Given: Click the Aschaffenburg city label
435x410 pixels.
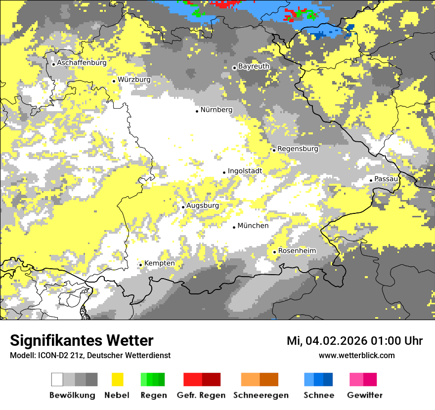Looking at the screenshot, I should [x=82, y=63].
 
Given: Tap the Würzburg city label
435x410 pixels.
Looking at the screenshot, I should [x=134, y=80].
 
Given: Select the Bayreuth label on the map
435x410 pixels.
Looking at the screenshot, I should [x=254, y=66].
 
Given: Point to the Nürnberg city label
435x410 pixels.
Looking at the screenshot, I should [x=216, y=110].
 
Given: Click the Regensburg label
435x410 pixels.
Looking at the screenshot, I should [x=298, y=149].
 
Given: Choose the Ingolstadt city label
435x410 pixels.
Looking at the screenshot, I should [x=245, y=171].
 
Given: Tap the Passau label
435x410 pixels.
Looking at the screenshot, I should [x=386, y=179].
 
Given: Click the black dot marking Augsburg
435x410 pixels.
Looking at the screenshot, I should [x=183, y=207].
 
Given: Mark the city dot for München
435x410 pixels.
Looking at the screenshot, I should [x=234, y=227].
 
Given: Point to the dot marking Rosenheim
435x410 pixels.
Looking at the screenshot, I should [x=275, y=252].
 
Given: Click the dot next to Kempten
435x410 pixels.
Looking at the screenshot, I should [x=141, y=265].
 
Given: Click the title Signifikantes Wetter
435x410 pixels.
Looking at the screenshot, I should [x=82, y=340].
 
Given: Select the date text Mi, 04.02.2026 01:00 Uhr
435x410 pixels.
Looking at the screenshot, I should [x=354, y=341].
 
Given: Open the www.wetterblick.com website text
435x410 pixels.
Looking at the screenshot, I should [x=356, y=355].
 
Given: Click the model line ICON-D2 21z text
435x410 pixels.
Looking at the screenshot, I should [x=90, y=355].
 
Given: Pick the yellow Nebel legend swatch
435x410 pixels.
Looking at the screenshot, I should [x=118, y=379].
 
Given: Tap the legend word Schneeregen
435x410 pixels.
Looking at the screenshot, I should [x=261, y=395].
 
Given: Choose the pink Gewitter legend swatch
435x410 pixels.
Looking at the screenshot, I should [x=363, y=379].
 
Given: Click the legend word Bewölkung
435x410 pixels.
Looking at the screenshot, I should [x=72, y=395].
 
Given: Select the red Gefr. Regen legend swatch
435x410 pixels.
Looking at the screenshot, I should [x=202, y=379].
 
